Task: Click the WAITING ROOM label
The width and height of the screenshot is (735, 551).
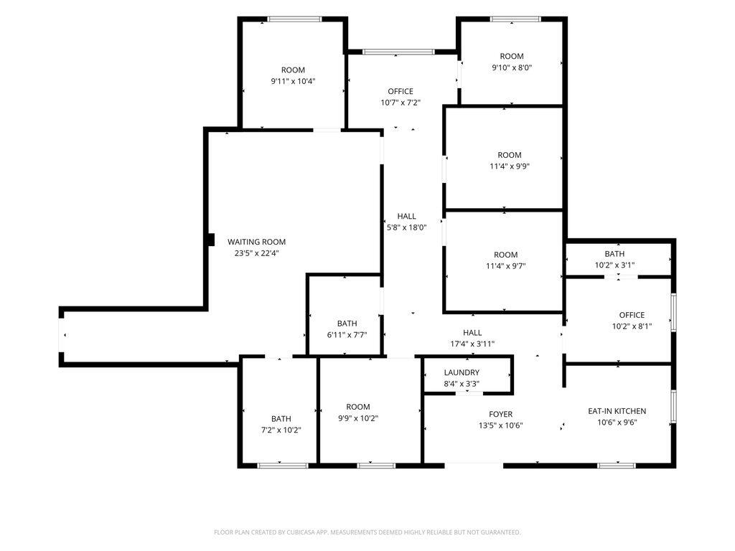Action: point(256,242)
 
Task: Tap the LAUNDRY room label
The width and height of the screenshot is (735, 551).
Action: point(462,372)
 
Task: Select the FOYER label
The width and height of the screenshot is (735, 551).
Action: point(500,414)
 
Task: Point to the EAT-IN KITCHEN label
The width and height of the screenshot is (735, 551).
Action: point(617,411)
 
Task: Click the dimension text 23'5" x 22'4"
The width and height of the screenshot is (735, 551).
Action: point(257,253)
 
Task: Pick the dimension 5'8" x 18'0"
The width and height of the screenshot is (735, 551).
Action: point(406,227)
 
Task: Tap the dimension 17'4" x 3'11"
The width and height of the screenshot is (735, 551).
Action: point(472,344)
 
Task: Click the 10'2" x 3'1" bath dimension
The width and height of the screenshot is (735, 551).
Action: point(614,265)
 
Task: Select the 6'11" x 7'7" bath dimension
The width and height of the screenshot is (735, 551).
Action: point(347,335)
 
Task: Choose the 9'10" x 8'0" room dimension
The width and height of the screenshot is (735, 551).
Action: point(512,67)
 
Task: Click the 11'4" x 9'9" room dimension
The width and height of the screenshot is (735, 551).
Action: point(510,166)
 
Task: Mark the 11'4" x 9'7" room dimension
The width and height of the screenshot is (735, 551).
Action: point(506,266)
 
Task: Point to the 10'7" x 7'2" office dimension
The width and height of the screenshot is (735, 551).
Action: point(401,103)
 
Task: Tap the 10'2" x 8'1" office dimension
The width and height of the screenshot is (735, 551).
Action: point(632,326)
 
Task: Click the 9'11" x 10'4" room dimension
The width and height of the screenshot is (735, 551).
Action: point(293,82)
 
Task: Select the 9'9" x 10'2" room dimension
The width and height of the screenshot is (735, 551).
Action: point(358,418)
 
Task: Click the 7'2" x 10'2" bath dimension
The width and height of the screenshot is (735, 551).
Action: point(281,430)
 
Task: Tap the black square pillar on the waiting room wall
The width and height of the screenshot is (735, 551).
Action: point(211,240)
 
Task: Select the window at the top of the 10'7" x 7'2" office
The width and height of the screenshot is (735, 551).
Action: point(399,52)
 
